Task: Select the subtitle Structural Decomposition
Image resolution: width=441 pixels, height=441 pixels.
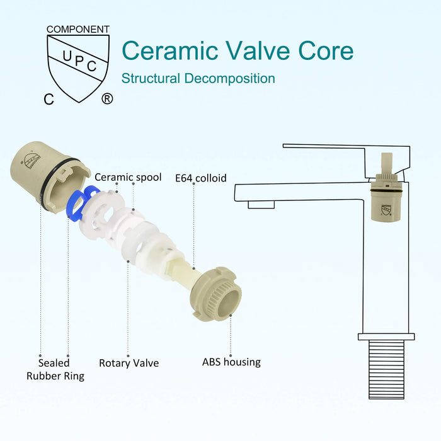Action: [198, 79]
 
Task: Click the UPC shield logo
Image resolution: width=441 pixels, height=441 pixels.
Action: [78, 62]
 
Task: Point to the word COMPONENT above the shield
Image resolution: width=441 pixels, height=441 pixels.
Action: [77, 30]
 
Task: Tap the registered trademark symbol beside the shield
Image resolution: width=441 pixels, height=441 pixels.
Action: [107, 99]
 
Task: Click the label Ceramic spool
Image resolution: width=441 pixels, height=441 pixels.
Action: [128, 177]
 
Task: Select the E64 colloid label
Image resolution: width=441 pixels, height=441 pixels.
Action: [200, 178]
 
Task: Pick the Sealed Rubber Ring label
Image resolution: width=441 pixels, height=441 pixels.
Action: [55, 369]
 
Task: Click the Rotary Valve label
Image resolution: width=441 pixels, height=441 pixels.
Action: [129, 363]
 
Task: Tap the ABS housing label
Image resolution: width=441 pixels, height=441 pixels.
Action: [231, 362]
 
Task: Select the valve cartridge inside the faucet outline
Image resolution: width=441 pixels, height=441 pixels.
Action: [386, 197]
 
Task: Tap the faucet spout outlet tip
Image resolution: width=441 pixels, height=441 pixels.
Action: [261, 204]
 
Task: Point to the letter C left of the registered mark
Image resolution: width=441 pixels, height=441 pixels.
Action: [49, 99]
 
